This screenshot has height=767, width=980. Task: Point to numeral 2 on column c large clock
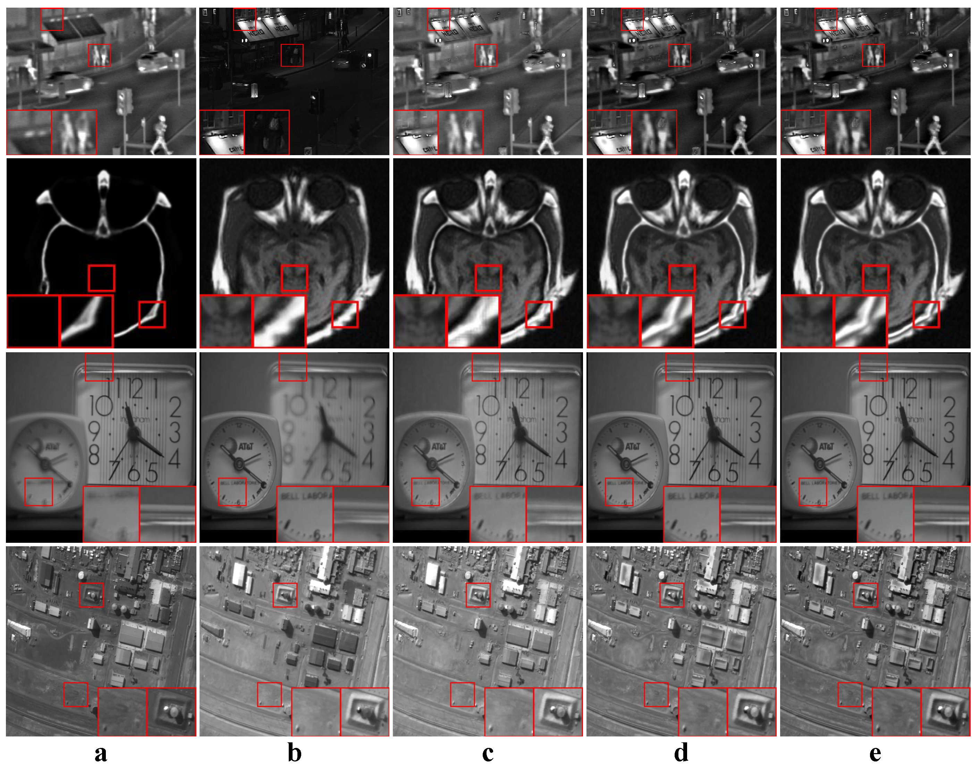click(561, 407)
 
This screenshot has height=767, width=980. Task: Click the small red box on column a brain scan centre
click(101, 278)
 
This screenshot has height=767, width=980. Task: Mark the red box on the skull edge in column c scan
click(539, 314)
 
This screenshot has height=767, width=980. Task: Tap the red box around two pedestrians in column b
click(292, 55)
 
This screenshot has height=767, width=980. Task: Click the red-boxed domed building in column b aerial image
click(285, 595)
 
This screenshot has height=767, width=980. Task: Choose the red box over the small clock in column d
click(619, 492)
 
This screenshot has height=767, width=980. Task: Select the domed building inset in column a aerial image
click(171, 712)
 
